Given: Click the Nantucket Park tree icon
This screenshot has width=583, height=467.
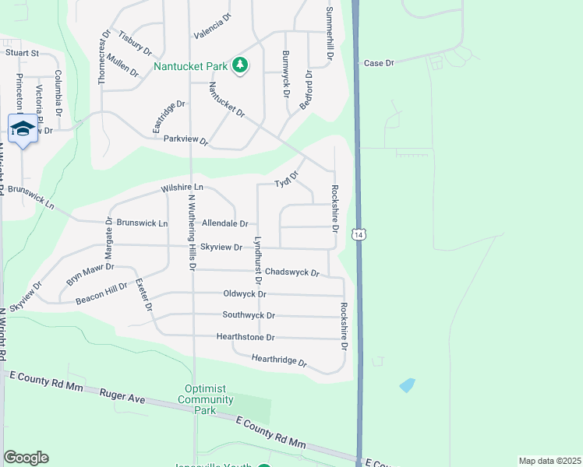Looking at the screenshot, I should pyautogui.click(x=241, y=65).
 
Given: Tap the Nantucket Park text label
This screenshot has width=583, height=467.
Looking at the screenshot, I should pyautogui.click(x=190, y=66).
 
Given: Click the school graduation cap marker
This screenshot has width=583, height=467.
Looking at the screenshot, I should pyautogui.click(x=23, y=130).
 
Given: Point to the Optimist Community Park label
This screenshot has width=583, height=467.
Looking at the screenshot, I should pyautogui.click(x=209, y=399).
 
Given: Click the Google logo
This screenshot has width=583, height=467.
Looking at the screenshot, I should pyautogui.click(x=26, y=458).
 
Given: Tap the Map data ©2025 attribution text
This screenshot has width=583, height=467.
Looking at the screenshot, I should pyautogui.click(x=549, y=461).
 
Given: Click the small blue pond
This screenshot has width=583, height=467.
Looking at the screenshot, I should pyautogui.click(x=407, y=384).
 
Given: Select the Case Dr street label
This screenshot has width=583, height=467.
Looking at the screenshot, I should pyautogui.click(x=380, y=62).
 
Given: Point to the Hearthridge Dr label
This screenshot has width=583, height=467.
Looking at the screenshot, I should pyautogui.click(x=279, y=360).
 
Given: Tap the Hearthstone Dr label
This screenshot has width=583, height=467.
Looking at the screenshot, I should pyautogui.click(x=246, y=337).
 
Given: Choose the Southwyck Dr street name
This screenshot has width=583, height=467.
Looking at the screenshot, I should pyautogui.click(x=249, y=315).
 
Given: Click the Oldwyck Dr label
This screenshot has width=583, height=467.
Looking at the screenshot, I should pyautogui.click(x=245, y=294).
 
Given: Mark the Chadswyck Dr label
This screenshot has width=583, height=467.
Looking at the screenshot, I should pyautogui.click(x=292, y=272).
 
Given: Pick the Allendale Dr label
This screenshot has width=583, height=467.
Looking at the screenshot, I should pyautogui.click(x=224, y=223).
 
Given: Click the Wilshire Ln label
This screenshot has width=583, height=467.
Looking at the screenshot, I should pyautogui.click(x=182, y=188).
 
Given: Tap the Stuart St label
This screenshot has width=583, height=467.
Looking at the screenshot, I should pyautogui.click(x=23, y=53).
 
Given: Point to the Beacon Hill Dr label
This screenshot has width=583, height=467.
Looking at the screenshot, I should pyautogui.click(x=101, y=293).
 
